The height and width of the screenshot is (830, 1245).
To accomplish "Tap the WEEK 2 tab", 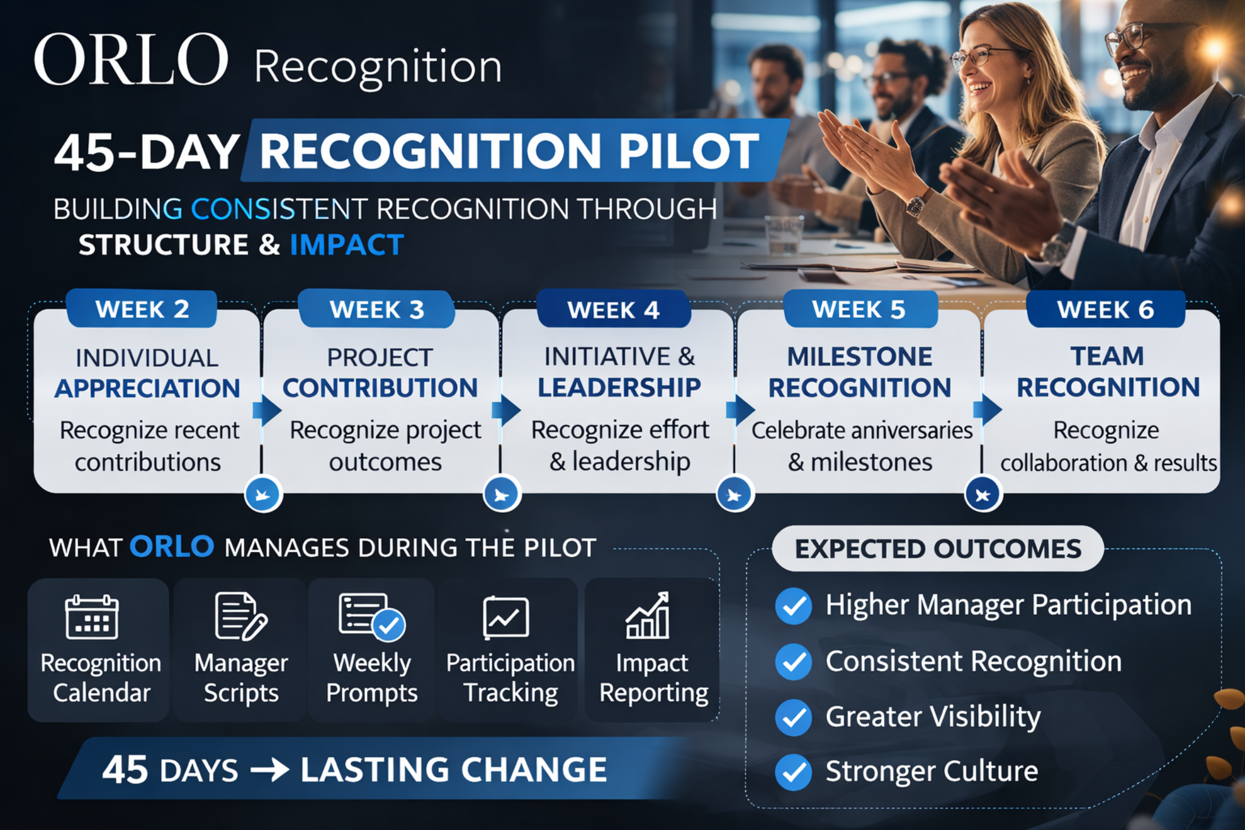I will (x=142, y=310).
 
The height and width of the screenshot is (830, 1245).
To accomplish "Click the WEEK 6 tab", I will (x=1105, y=310).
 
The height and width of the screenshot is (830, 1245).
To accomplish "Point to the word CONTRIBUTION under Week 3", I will (x=380, y=388).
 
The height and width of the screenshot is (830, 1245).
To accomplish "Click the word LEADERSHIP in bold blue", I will (x=619, y=387).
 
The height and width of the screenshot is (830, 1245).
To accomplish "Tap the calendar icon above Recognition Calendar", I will (x=92, y=617).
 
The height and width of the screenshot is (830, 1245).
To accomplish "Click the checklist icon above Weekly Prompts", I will (x=371, y=617).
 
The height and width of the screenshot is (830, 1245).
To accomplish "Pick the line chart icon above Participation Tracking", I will (x=506, y=618).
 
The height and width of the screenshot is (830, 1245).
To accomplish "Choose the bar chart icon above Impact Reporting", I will (x=648, y=616).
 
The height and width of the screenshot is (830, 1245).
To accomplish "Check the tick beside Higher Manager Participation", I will (x=793, y=606).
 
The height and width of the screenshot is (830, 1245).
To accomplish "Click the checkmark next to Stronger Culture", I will (x=793, y=772).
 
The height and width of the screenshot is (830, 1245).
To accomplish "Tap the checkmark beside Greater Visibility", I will (x=793, y=718).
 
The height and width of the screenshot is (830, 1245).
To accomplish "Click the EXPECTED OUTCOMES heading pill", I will (x=937, y=548).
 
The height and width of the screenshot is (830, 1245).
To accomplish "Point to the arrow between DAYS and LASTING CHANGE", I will (x=269, y=770).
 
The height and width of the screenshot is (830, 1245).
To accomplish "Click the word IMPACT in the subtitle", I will (x=347, y=245).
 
